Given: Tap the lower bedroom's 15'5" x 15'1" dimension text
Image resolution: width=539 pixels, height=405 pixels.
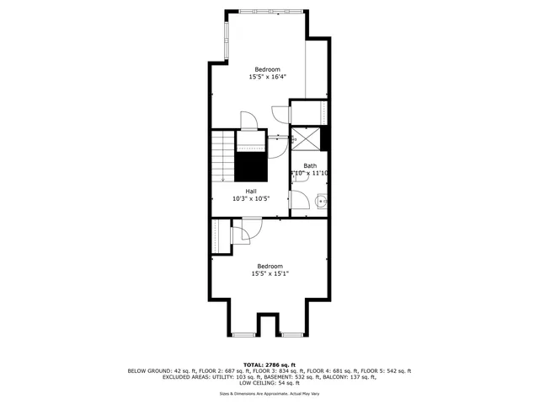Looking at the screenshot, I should point(269,273).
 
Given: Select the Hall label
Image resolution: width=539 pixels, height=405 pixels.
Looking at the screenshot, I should point(251,191).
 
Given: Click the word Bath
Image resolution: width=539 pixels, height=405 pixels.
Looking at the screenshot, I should point(310,165).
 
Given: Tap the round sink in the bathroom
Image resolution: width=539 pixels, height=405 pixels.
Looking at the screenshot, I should point(321,201).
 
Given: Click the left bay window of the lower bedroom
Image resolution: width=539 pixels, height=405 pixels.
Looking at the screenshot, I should point(244,335).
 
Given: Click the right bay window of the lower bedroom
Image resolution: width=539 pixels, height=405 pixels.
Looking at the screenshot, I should point(291,335).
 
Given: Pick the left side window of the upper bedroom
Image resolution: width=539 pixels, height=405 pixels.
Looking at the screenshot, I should point(225,40).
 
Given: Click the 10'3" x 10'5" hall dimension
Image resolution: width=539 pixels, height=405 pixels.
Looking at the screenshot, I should point(251,199).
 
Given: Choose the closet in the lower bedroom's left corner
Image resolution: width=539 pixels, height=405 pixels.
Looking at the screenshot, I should point(220,235).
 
